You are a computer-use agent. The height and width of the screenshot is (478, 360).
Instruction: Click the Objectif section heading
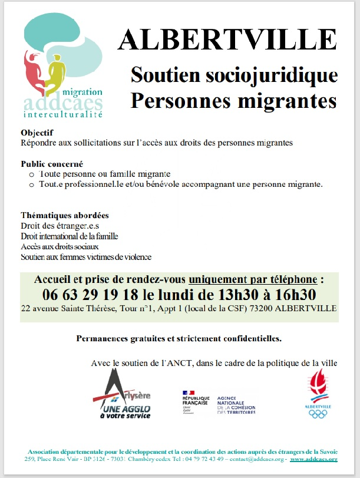[x=37, y=133]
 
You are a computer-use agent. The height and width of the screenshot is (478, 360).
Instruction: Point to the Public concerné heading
[x=51, y=164]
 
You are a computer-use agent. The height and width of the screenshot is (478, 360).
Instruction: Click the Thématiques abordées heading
[x=64, y=216]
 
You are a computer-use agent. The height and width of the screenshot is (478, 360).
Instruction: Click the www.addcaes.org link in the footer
[x=313, y=459]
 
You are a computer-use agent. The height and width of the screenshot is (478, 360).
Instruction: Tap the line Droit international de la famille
[x=70, y=236]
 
